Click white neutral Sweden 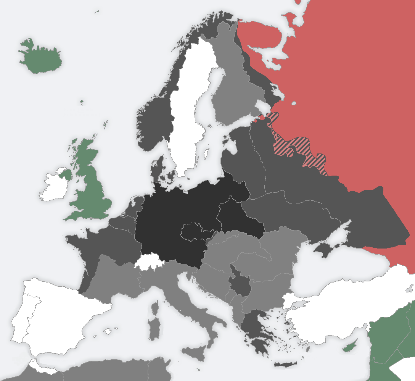[187, 115]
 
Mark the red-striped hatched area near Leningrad [298, 147]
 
